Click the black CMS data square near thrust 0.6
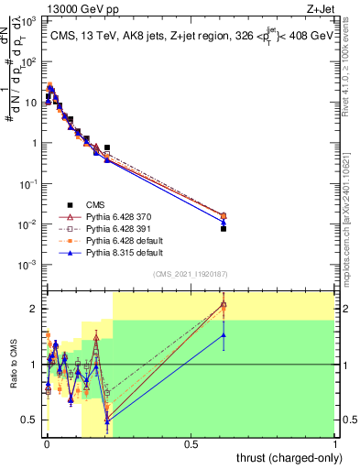pyautogui.click(x=223, y=229)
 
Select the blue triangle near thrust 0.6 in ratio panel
pyautogui.click(x=223, y=335)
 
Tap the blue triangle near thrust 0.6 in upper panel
pyautogui.click(x=223, y=222)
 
